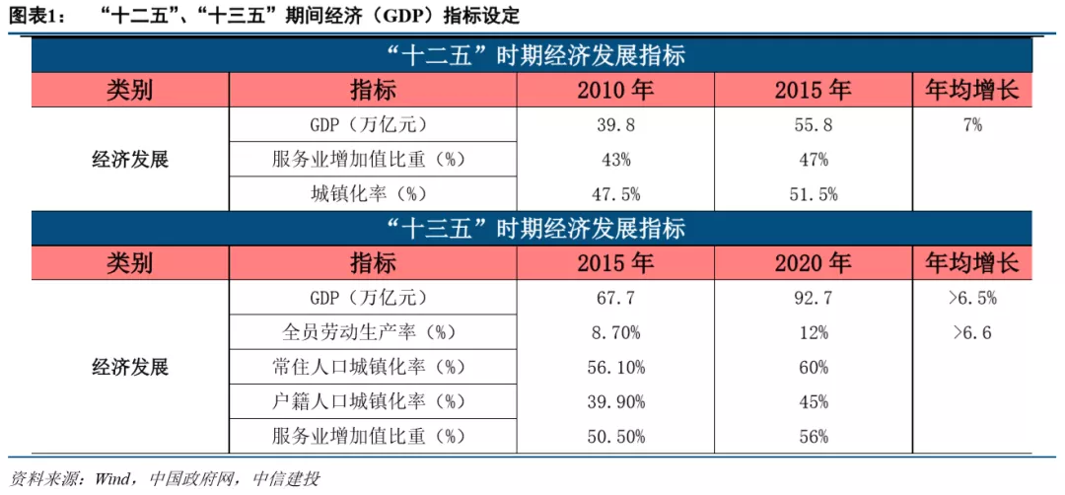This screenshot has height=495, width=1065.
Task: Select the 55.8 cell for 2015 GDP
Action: click(813, 125)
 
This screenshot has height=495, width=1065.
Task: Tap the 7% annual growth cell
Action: click(971, 125)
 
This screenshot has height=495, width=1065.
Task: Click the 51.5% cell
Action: click(813, 194)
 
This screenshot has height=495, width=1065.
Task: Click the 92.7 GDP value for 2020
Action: click(813, 298)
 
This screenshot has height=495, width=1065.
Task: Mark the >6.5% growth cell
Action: click(971, 298)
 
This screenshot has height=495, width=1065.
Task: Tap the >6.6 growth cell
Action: click(971, 332)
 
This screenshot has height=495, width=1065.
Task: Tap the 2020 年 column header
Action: click(813, 263)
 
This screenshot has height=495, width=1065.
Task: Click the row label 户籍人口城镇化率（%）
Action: click(368, 401)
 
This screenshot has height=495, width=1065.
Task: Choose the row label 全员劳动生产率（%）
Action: click(368, 332)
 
